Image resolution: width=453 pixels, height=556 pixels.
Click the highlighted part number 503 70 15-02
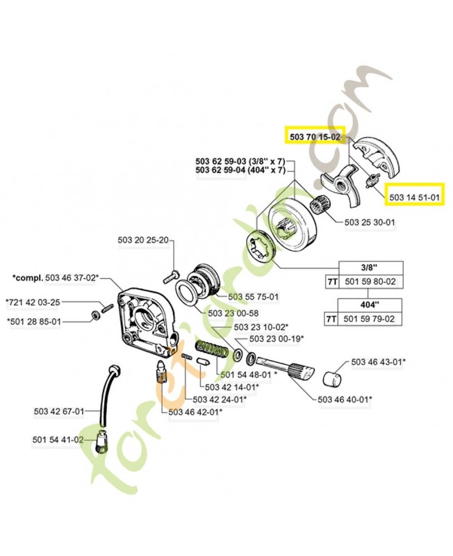coord(313,138)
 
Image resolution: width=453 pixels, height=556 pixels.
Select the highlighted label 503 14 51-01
coord(414,197)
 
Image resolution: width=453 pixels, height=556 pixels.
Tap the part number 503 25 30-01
coord(370,222)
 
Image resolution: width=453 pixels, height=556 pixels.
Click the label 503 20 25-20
coord(142,240)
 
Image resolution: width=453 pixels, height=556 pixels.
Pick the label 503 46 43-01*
coord(379,362)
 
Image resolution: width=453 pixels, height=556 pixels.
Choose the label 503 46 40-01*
coord(344,399)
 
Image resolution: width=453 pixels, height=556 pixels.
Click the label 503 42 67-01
coord(58,411)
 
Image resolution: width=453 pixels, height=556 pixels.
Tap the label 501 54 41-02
coord(58,440)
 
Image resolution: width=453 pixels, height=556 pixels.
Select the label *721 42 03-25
coord(33,302)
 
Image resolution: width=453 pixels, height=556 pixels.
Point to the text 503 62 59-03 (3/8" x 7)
coord(240,161)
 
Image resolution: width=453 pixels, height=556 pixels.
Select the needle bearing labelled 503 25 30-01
coord(320,206)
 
